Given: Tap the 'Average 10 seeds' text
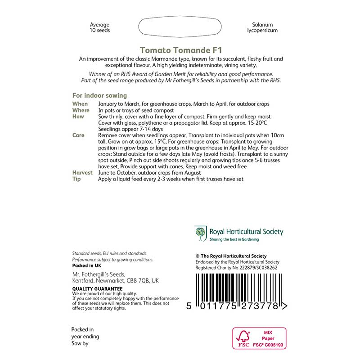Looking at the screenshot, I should click(99, 27).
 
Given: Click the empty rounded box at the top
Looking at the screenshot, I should click(180, 27).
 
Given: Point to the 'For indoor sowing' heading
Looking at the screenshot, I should click(99, 95).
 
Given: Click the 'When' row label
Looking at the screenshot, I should click(80, 104).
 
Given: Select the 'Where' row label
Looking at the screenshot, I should click(81, 110).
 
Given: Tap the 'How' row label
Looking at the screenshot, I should click(78, 117).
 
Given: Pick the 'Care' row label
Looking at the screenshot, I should click(79, 135).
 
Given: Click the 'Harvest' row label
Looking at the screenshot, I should click(82, 173).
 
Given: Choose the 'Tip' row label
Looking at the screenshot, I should click(76, 179).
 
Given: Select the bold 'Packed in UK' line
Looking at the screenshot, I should click(87, 265).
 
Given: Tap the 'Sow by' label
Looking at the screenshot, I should click(80, 344).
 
